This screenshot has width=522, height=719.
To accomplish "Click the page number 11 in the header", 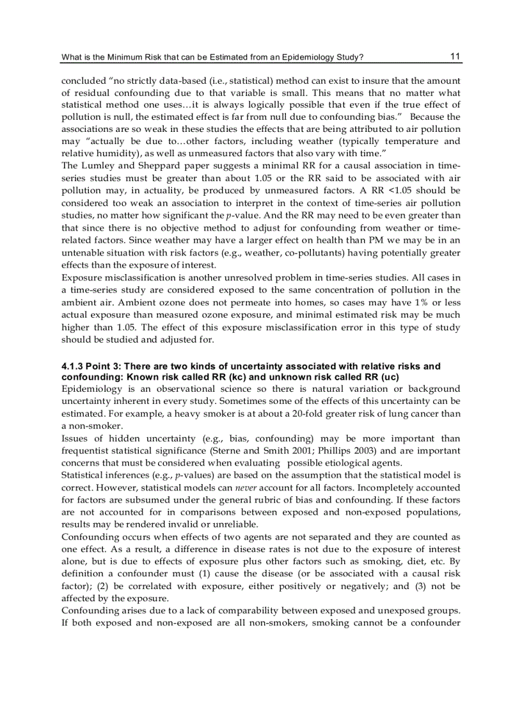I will pos(455,56).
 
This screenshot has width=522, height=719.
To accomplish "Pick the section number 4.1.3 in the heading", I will pos(73,366).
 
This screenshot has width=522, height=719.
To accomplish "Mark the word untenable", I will pos(82,253).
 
